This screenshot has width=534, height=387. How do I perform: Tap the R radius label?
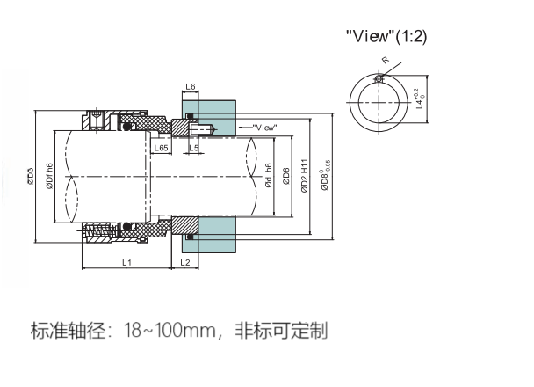pyautogui.click(x=384, y=60)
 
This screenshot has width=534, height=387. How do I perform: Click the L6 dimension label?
pyautogui.click(x=191, y=86)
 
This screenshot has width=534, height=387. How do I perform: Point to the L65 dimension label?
pyautogui.click(x=162, y=149)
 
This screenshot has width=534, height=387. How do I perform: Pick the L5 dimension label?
pyautogui.click(x=193, y=149)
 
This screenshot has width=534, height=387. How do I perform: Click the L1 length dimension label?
pyautogui.click(x=126, y=262)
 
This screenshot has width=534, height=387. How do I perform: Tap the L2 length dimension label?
pyautogui.click(x=184, y=262)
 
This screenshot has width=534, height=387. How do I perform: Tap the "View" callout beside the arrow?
pyautogui.click(x=264, y=129)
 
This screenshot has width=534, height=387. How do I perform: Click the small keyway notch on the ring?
pyautogui.click(x=379, y=80)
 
